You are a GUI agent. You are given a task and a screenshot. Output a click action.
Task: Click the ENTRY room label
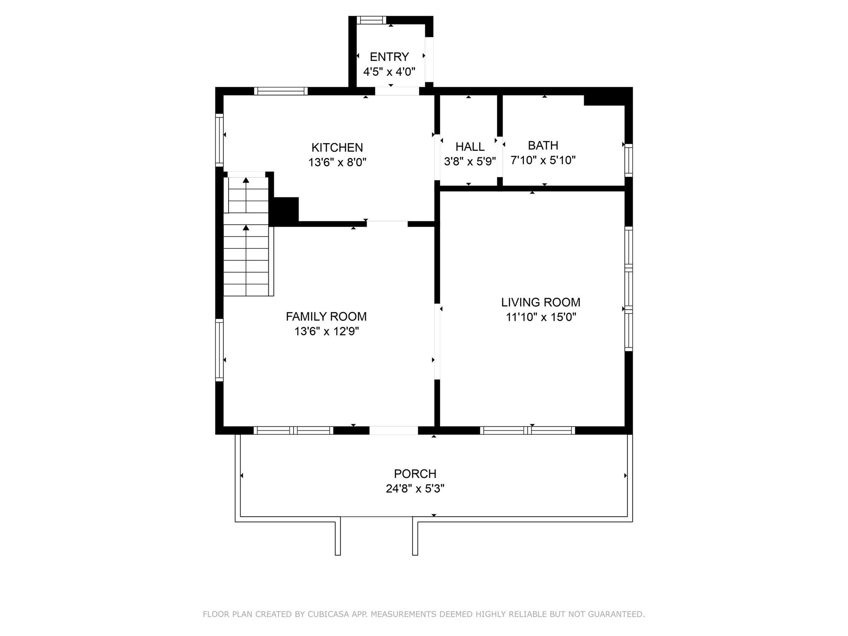(389, 57)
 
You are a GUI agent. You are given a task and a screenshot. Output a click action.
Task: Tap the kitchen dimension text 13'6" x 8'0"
(337, 162)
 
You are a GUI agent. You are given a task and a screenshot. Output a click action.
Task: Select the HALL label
(470, 147)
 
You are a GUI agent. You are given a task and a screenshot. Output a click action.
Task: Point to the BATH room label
(543, 145)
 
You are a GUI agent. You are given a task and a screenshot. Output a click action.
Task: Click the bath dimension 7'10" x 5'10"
(543, 160)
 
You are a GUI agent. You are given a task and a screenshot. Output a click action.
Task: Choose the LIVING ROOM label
(540, 302)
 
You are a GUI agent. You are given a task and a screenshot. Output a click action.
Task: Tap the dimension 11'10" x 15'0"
(541, 317)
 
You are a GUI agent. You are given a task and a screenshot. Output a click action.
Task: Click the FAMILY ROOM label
(326, 316)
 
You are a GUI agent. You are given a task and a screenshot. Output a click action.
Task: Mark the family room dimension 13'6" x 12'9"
(326, 331)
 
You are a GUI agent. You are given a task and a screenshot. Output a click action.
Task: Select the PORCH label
(415, 473)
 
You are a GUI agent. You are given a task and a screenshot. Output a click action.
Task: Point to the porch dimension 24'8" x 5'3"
(415, 489)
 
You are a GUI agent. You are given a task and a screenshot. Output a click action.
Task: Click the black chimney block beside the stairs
(285, 210)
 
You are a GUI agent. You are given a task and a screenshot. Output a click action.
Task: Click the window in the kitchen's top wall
(281, 91)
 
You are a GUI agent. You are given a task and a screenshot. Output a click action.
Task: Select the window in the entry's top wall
(371, 20)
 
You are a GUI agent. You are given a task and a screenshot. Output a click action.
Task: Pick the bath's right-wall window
(629, 160)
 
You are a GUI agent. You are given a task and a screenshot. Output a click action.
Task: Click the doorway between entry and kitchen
(397, 91)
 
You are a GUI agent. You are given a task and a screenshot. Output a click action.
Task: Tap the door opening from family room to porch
(393, 430)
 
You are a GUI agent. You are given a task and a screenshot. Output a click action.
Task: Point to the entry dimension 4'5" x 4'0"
(389, 72)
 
